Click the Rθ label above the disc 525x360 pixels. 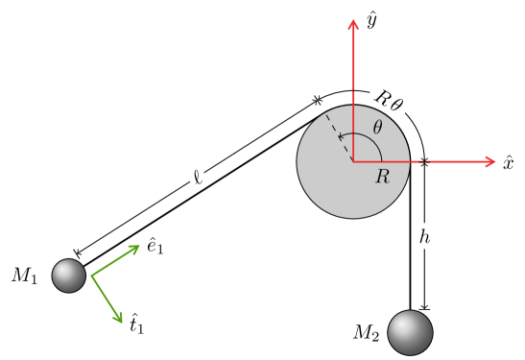pos(389,99)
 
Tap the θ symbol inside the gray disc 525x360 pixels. pos(377,128)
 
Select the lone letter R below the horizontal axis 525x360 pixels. pos(382,177)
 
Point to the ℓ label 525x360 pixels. pos(197,177)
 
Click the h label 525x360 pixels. pos(424,235)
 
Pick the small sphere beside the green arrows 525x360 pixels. pos(69,276)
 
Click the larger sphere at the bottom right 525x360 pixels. pos(410,332)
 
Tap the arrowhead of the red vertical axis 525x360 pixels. pos(353,24)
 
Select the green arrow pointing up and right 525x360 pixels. pos(115,261)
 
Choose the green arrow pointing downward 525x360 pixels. pos(107,299)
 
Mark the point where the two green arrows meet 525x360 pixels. pos(91,276)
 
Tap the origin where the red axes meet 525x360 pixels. pos(353,161)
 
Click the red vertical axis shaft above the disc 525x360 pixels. pos(353,67)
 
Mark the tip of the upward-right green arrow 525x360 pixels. pos(140,246)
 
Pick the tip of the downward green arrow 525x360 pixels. pos(122,323)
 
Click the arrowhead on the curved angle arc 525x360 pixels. pos(341,137)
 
